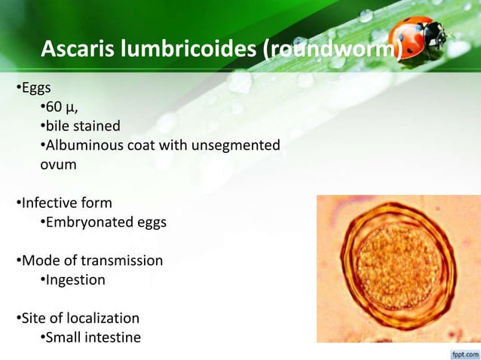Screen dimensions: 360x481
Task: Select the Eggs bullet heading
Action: click(x=34, y=90)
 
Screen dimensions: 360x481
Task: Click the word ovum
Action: click(x=58, y=163)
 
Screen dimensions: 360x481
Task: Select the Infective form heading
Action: click(x=66, y=203)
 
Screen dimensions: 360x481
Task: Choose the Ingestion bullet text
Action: click(x=75, y=280)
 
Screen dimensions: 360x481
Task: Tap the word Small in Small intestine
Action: click(x=65, y=337)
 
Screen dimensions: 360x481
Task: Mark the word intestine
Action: click(x=114, y=337)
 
